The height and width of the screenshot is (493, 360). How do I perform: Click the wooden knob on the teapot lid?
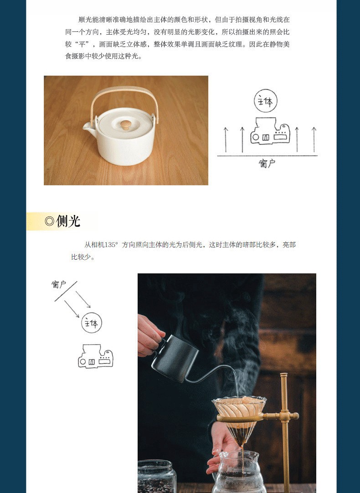[126, 125]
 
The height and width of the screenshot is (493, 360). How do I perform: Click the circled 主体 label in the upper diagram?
[266, 101]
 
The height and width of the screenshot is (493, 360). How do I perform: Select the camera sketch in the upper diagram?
[270, 131]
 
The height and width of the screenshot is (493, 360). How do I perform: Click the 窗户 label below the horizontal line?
[267, 163]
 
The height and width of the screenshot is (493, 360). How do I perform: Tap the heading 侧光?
[68, 221]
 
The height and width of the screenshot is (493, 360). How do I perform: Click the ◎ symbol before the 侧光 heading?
[50, 221]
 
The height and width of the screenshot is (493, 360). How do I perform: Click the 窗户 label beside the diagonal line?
[59, 284]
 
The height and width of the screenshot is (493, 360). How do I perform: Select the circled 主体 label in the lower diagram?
[92, 323]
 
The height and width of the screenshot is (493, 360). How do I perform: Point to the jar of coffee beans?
[156, 477]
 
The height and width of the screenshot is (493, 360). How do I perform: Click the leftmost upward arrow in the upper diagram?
[226, 140]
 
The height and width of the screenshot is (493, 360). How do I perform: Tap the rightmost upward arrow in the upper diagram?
[314, 140]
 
